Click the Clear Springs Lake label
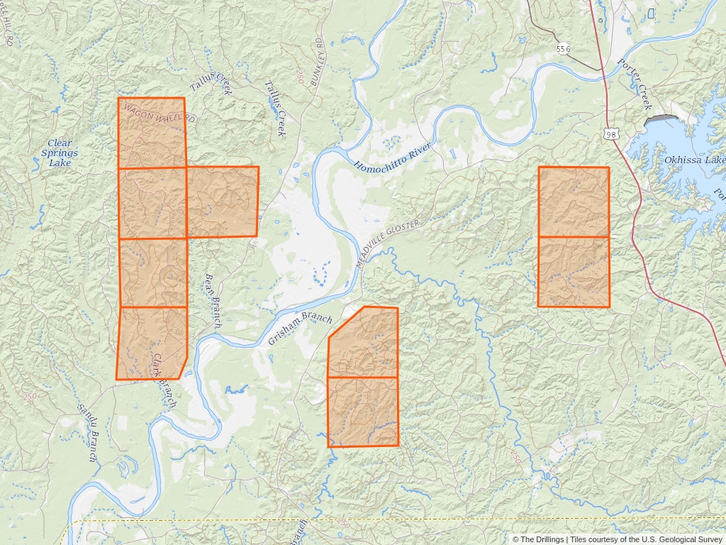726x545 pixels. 60,153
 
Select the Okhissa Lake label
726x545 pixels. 693,160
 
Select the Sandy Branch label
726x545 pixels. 88,434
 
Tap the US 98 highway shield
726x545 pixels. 612,133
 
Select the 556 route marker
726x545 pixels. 564,49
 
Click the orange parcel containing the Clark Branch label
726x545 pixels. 151,343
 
